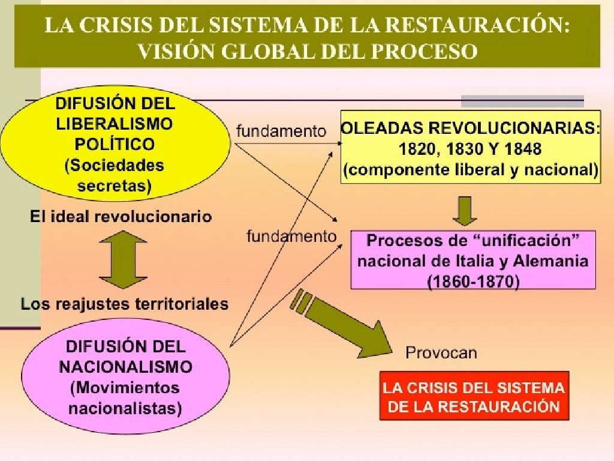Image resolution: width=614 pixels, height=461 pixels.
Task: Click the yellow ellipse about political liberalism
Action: pyautogui.click(x=115, y=144)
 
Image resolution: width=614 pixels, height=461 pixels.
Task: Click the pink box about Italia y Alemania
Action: pyautogui.click(x=472, y=260)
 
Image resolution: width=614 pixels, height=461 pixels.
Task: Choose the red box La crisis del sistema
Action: pyautogui.click(x=474, y=396)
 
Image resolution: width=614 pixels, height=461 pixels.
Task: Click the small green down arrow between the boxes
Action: pyautogui.click(x=465, y=210)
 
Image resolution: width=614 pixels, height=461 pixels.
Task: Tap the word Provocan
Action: pyautogui.click(x=441, y=352)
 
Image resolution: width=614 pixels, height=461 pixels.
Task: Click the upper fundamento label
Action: pyautogui.click(x=281, y=131)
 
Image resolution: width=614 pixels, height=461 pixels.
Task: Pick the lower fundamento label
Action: pyautogui.click(x=291, y=237)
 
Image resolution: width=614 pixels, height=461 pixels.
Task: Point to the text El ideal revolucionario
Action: pyautogui.click(x=121, y=217)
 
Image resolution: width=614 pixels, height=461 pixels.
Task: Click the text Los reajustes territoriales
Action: pyautogui.click(x=125, y=304)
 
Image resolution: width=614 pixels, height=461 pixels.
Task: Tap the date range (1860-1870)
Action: pyautogui.click(x=473, y=280)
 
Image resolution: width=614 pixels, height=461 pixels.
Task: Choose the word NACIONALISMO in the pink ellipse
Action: pyautogui.click(x=126, y=367)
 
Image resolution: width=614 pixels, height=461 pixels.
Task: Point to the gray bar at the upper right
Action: pyautogui.click(x=522, y=101)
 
